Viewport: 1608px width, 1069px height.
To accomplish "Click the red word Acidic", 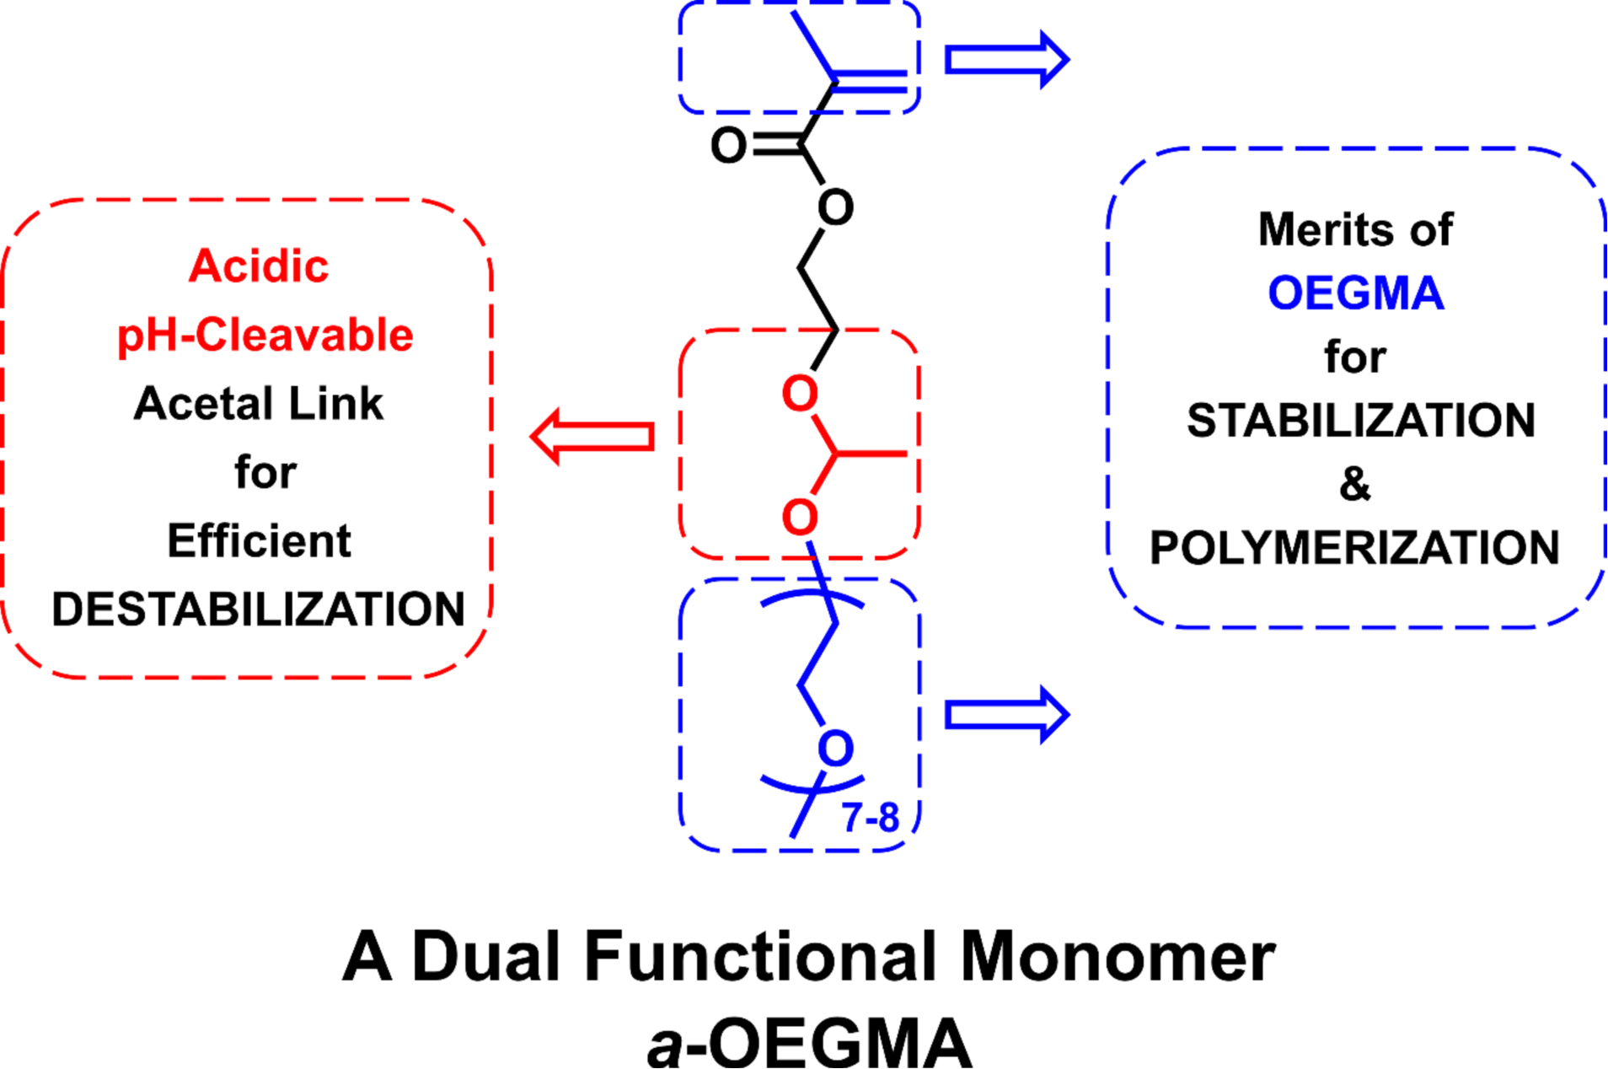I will (259, 266).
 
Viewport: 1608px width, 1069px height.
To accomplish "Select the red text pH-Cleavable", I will (265, 336).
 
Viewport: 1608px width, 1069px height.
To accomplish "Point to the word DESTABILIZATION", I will (258, 610).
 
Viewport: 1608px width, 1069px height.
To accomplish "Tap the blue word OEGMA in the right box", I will (1355, 293).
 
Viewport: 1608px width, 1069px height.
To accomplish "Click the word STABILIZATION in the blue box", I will (1360, 421).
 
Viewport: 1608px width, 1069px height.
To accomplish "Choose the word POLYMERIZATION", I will (1354, 548).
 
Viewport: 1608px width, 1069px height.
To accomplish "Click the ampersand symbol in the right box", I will (1354, 484).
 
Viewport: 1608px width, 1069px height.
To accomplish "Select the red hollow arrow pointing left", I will (592, 437).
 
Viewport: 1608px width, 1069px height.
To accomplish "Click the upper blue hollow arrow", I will (1006, 60).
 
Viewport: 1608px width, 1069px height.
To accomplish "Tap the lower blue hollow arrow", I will (1006, 715).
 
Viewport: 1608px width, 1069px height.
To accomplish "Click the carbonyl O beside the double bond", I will (728, 146).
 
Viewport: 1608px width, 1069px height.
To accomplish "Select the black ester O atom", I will (835, 207).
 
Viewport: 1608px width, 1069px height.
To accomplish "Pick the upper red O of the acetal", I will (800, 394).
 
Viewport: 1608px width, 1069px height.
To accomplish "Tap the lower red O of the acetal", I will (800, 518).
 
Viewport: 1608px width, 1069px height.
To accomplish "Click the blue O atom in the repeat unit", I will (835, 749).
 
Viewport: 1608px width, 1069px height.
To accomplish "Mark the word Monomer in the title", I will (1118, 957).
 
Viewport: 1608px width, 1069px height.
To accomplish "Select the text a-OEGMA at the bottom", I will (809, 1042).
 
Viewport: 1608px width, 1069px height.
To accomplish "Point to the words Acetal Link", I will (258, 404).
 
